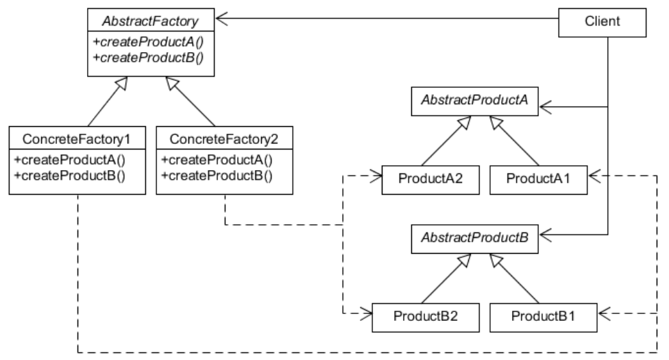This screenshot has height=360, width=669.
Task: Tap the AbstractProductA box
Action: click(x=474, y=100)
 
